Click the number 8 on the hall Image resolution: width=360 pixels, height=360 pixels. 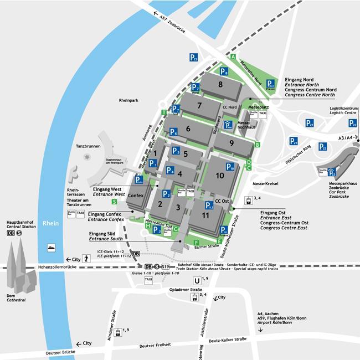tap(220, 85)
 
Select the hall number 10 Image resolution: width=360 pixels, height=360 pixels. tap(220, 176)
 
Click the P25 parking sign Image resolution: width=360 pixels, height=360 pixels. tap(193, 57)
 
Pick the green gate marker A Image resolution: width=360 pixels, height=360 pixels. tap(234, 57)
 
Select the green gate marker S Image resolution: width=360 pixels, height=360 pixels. tap(114, 187)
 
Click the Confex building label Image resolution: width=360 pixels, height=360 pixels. tap(136, 196)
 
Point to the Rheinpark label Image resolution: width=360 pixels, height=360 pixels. tap(128, 101)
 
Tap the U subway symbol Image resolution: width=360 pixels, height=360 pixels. tap(196, 280)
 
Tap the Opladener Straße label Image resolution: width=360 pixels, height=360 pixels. tap(186, 289)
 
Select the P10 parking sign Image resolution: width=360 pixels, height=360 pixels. tap(230, 167)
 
